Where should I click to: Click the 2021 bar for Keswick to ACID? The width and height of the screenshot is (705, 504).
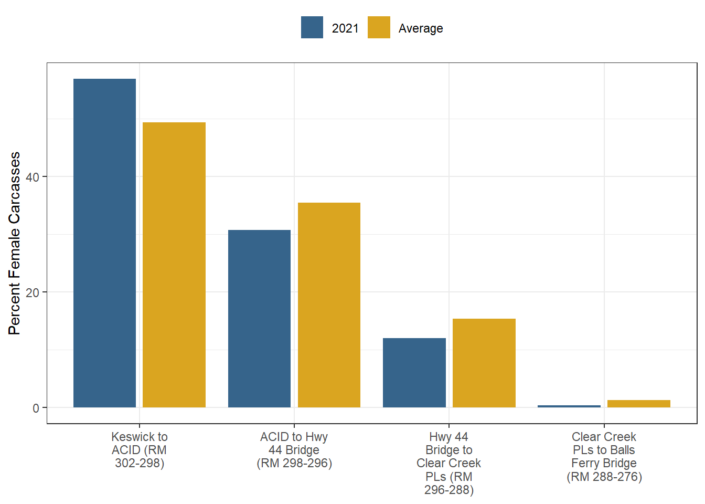coord(104,243)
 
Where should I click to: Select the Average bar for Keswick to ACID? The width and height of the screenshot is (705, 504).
coord(174,265)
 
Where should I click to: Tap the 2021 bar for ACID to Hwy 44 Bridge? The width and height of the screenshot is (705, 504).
coord(259,319)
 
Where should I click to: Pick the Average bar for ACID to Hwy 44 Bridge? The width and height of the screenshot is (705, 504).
coord(329,305)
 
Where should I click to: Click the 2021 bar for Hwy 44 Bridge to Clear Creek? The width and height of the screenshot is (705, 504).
coord(414,373)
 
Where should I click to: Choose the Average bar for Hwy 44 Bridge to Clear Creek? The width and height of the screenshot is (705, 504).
coord(484,363)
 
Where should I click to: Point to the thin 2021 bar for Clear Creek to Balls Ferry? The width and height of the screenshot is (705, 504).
coord(569,406)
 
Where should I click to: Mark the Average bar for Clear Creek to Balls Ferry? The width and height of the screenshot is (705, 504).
coord(638,404)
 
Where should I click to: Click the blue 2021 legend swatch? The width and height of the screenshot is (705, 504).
coord(312,27)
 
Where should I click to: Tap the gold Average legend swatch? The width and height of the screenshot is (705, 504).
coord(379,27)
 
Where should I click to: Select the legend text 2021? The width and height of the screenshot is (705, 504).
coord(345,28)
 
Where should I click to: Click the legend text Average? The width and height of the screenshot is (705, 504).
coord(421,28)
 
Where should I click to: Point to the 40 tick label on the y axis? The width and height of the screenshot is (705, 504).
coord(33,177)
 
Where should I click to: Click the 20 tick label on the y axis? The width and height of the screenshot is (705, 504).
coord(33,292)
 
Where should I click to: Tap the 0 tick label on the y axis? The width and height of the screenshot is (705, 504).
coord(36,408)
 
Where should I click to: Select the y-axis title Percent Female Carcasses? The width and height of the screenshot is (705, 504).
coord(14,243)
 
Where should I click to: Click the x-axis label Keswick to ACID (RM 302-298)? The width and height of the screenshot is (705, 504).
coord(140,450)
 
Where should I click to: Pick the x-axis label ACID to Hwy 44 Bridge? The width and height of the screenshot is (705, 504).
coord(294,450)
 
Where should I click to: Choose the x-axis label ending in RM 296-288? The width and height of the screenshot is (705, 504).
coord(449,463)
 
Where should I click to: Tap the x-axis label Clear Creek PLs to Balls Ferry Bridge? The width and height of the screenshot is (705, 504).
coord(604,457)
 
